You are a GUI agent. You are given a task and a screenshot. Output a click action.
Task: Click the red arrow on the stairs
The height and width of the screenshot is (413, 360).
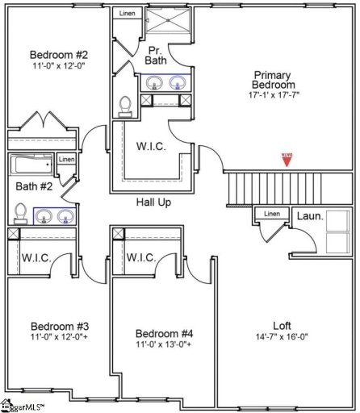[285, 160]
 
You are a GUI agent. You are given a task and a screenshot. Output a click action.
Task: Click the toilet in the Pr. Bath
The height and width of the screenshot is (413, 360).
[124, 106]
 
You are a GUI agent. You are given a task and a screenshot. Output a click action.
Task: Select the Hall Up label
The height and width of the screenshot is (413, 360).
[153, 202]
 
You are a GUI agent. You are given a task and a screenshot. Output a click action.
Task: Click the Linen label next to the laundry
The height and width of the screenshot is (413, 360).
[273, 214]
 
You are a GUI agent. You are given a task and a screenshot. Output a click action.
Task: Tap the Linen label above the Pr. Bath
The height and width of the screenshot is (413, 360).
[128, 14]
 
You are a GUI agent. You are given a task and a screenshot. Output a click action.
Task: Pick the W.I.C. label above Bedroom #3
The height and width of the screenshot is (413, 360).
[37, 258]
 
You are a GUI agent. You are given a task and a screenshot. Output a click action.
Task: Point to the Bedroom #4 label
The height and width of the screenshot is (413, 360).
[164, 333]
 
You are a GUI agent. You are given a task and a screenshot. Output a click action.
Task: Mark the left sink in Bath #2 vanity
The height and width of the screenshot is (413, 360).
[44, 215]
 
